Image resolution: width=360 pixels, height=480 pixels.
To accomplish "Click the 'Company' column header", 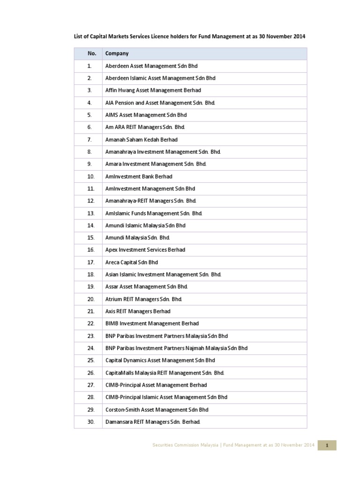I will point(117,53).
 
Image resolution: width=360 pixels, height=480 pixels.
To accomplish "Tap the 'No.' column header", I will point(91,53).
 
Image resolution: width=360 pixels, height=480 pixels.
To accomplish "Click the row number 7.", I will point(90,140).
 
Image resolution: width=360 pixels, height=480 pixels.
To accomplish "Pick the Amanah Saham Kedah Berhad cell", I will point(142,140).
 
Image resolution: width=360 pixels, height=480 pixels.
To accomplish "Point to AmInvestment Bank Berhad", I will point(139,176).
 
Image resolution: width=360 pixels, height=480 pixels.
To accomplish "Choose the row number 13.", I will point(91,213).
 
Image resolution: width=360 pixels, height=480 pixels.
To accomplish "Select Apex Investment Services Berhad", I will point(145,250).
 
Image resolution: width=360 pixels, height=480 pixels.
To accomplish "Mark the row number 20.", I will point(91,299).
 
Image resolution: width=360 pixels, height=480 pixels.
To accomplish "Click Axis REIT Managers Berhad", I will point(138,311).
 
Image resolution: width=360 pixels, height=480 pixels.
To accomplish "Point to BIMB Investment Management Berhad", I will point(152,323).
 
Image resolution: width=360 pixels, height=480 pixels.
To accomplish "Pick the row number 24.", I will point(91,348).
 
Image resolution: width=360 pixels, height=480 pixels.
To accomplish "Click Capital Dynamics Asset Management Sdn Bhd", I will point(160,360).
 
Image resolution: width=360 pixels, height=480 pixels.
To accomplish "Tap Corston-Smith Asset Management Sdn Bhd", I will point(157,410).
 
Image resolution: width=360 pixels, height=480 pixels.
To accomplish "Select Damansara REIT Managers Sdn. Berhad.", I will point(153,422).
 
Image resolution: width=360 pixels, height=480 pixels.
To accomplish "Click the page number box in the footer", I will point(327,445).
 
